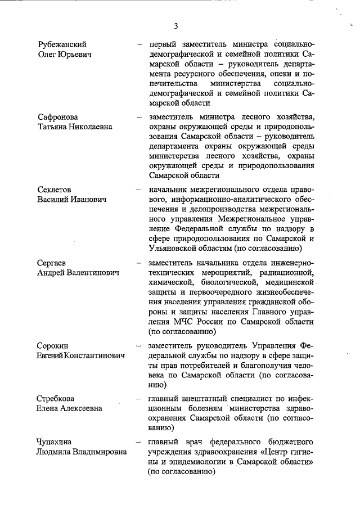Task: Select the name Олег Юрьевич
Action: click(x=65, y=54)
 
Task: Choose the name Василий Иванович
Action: click(x=70, y=200)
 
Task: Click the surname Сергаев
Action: click(x=53, y=263)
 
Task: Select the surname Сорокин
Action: click(x=53, y=345)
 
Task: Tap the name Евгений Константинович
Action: click(x=81, y=355)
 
